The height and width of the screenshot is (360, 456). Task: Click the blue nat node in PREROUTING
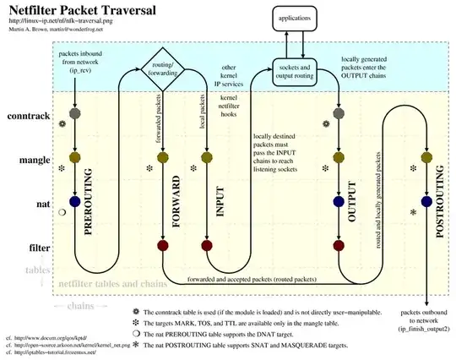[75, 202]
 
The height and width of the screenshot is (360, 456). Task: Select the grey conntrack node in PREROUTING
[75, 112]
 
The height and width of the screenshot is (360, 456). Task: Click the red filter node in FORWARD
[162, 247]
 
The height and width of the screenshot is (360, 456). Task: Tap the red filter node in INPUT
[206, 247]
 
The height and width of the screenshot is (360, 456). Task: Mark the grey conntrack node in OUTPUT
[338, 112]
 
